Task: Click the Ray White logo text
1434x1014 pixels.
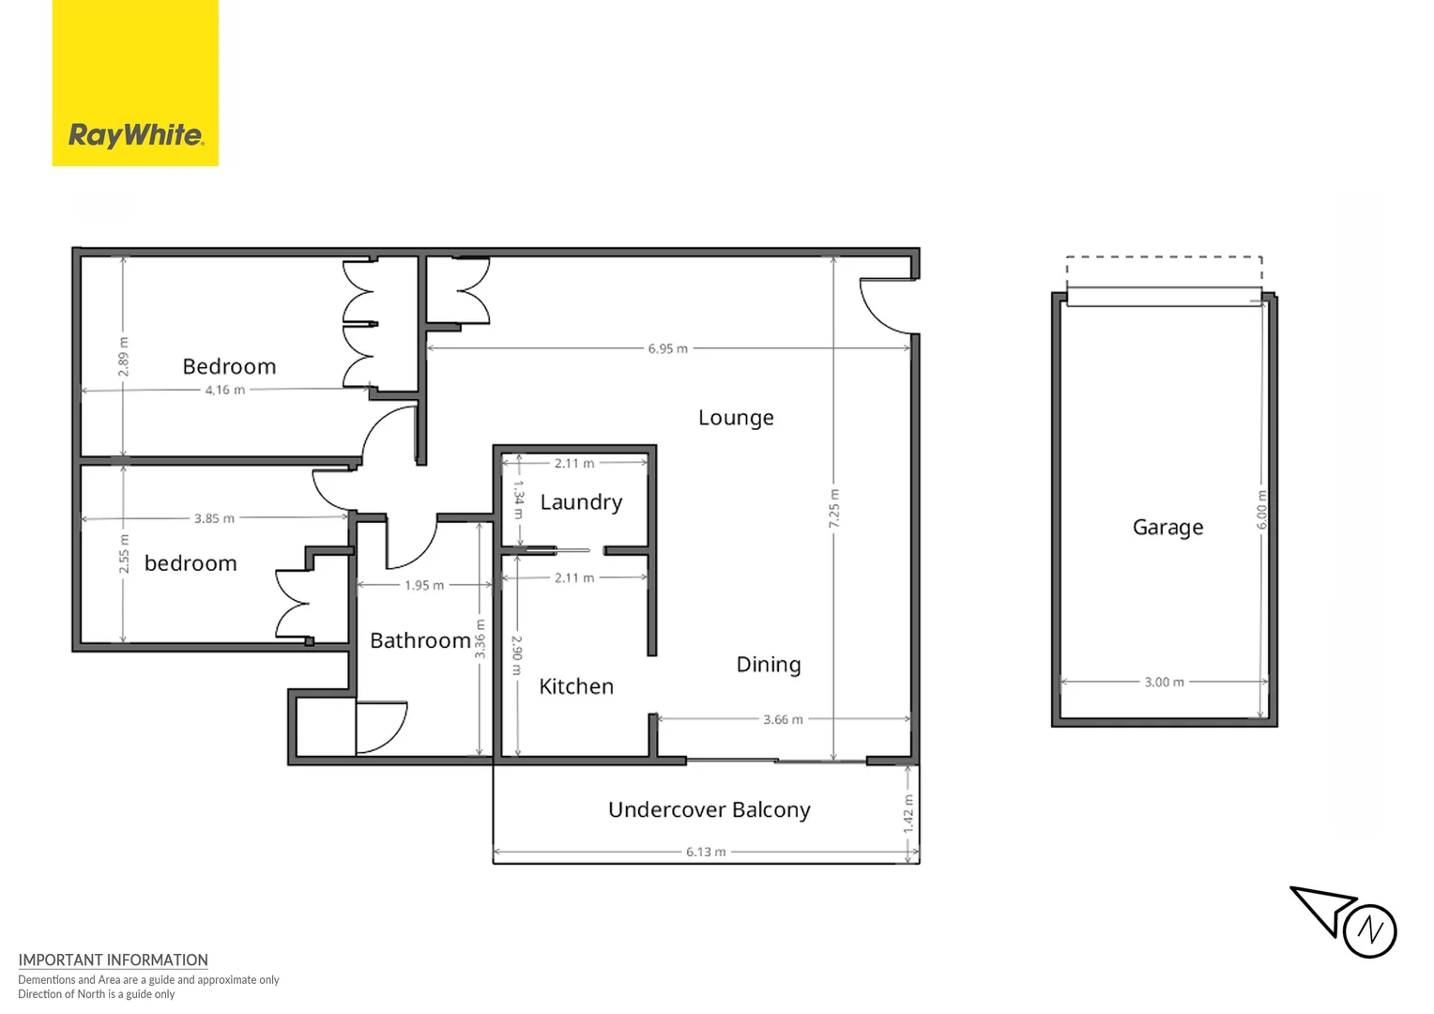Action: tap(136, 136)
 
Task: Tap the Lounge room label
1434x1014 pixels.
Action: tap(736, 418)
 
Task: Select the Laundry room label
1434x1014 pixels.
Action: tap(581, 502)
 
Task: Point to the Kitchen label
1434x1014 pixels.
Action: tap(576, 686)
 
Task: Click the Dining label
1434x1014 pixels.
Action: tap(769, 665)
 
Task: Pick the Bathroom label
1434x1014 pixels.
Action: tap(420, 640)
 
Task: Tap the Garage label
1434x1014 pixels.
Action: tap(1167, 528)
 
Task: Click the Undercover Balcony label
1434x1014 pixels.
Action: tap(709, 810)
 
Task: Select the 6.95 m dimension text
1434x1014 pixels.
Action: tap(667, 349)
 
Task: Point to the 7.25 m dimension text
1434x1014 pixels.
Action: tap(833, 509)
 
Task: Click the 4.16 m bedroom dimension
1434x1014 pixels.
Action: tap(224, 390)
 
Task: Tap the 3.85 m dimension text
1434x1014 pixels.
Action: tap(214, 518)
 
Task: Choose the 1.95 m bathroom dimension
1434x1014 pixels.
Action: tap(424, 586)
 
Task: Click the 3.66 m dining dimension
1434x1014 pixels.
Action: tap(783, 720)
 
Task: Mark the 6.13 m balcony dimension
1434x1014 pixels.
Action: tap(706, 852)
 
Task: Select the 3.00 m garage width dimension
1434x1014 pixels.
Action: tap(1165, 683)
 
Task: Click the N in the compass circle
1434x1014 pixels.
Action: tap(1369, 930)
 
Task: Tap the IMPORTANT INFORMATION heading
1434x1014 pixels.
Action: tap(113, 960)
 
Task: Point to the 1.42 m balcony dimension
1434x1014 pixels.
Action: tap(908, 814)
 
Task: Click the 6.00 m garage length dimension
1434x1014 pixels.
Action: tap(1261, 510)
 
